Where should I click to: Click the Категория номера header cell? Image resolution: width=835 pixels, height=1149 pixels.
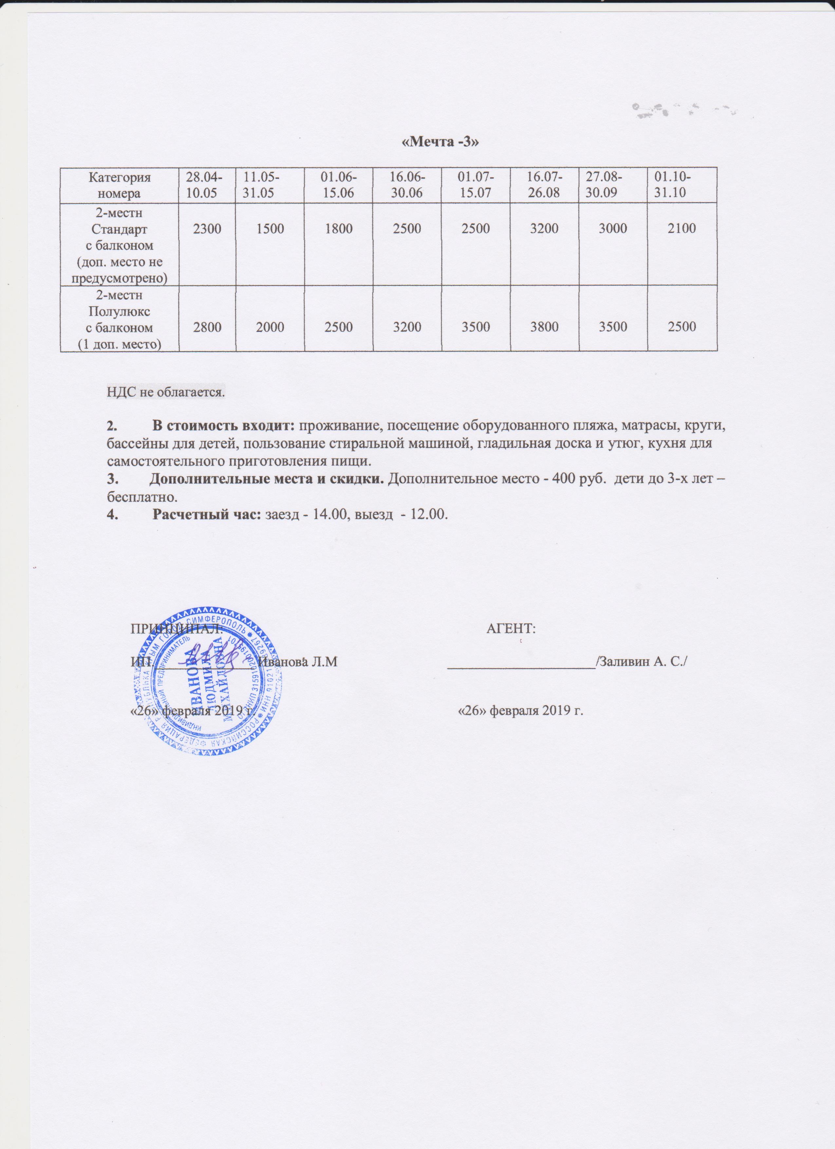[x=120, y=184]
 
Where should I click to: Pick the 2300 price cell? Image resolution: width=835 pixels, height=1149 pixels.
[x=207, y=228]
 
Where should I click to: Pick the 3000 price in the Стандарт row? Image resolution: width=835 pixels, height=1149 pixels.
[x=613, y=228]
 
